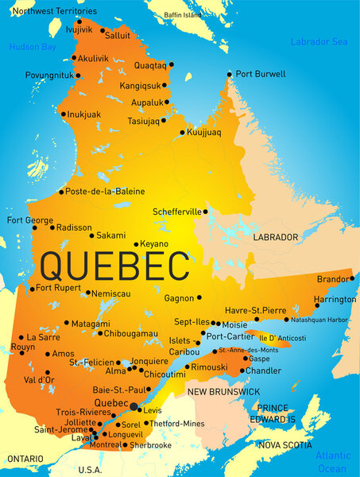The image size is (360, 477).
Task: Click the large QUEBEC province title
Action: (x=114, y=263)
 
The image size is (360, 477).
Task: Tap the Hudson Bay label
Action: (x=33, y=47)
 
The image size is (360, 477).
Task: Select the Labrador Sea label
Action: (x=319, y=41)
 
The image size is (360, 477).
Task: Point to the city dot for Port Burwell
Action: (x=230, y=74)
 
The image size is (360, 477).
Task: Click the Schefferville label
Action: (x=177, y=211)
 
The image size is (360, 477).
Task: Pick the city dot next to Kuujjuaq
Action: (x=182, y=132)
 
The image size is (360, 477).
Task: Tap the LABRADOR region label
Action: (x=275, y=237)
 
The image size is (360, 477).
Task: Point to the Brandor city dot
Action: (x=351, y=279)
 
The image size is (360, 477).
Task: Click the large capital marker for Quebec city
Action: (x=134, y=406)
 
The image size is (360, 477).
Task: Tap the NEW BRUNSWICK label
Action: (x=223, y=392)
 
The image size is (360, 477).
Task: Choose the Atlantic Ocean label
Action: (x=331, y=462)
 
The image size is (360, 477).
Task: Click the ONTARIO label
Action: (x=25, y=459)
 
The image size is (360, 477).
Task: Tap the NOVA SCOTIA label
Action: (x=286, y=445)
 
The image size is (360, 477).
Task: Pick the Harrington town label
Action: (x=334, y=300)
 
